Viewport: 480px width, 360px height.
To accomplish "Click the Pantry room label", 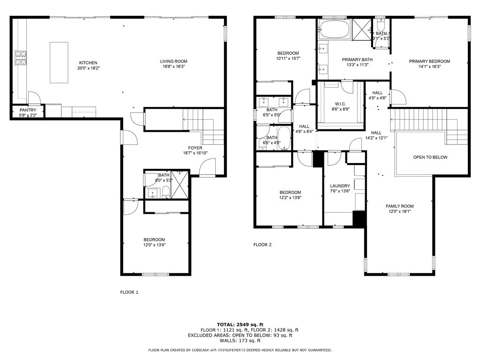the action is (28, 110).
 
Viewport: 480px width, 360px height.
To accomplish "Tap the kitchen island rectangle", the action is (59, 62).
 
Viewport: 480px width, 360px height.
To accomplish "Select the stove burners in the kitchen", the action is (21, 58).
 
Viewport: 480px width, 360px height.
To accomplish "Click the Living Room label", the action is (173, 61).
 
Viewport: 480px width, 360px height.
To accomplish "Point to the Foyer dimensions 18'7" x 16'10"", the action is (195, 153).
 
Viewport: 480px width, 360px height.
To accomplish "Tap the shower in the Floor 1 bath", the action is (180, 185).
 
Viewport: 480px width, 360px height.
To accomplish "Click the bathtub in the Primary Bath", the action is (334, 29).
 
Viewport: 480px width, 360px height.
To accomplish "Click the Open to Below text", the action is (430, 157).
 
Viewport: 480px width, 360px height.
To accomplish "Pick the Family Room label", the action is (399, 206).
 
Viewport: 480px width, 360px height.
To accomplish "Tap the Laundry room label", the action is (340, 186).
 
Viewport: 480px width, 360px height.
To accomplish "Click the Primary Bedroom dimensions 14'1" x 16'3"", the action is (429, 67).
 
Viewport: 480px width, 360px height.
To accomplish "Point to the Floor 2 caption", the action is (262, 245).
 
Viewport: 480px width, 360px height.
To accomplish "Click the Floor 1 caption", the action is (129, 292).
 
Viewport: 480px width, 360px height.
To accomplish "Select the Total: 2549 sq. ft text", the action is (240, 324).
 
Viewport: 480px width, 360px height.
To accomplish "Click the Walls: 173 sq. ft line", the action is (240, 340).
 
